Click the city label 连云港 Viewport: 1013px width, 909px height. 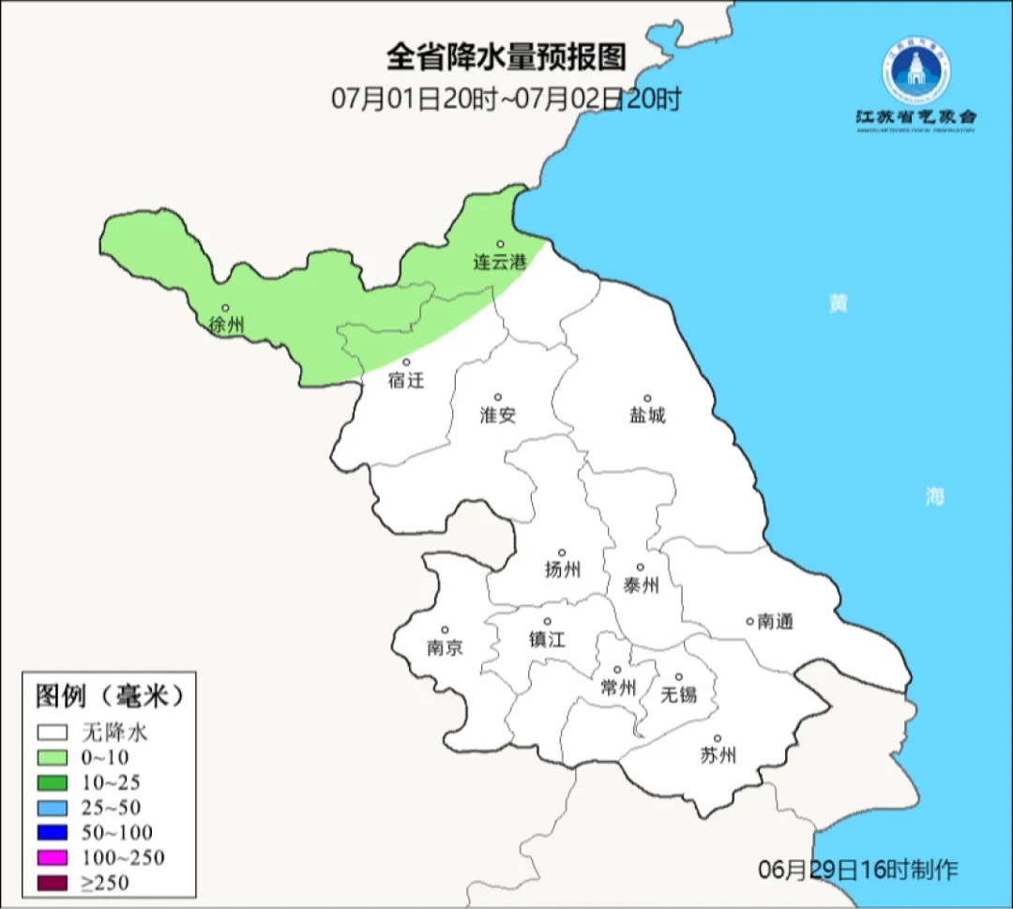pyautogui.click(x=499, y=263)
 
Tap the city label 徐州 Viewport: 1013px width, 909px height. pyautogui.click(x=227, y=326)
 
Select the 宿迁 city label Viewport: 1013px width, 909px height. pyautogui.click(x=406, y=381)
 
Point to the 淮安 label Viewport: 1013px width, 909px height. pyautogui.click(x=498, y=416)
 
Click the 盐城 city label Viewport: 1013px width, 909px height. pyautogui.click(x=647, y=416)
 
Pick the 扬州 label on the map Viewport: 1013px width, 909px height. pyautogui.click(x=563, y=569)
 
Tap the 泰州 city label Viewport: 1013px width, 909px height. pyautogui.click(x=641, y=586)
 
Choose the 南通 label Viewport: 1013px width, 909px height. pyautogui.click(x=775, y=621)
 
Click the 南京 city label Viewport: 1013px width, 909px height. pyautogui.click(x=445, y=648)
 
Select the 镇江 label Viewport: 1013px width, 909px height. pyautogui.click(x=547, y=640)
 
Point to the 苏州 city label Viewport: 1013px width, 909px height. pyautogui.click(x=718, y=756)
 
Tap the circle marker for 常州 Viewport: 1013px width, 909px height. pyautogui.click(x=617, y=670)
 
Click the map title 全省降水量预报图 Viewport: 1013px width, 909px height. pyautogui.click(x=506, y=58)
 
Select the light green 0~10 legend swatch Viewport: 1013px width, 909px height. pyautogui.click(x=53, y=757)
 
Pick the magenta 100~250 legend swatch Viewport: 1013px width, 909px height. pyautogui.click(x=53, y=857)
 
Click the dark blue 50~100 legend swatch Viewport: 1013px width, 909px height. pyautogui.click(x=53, y=832)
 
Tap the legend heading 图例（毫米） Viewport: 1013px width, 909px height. pyautogui.click(x=109, y=696)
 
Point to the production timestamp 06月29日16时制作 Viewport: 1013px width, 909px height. pyautogui.click(x=858, y=870)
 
